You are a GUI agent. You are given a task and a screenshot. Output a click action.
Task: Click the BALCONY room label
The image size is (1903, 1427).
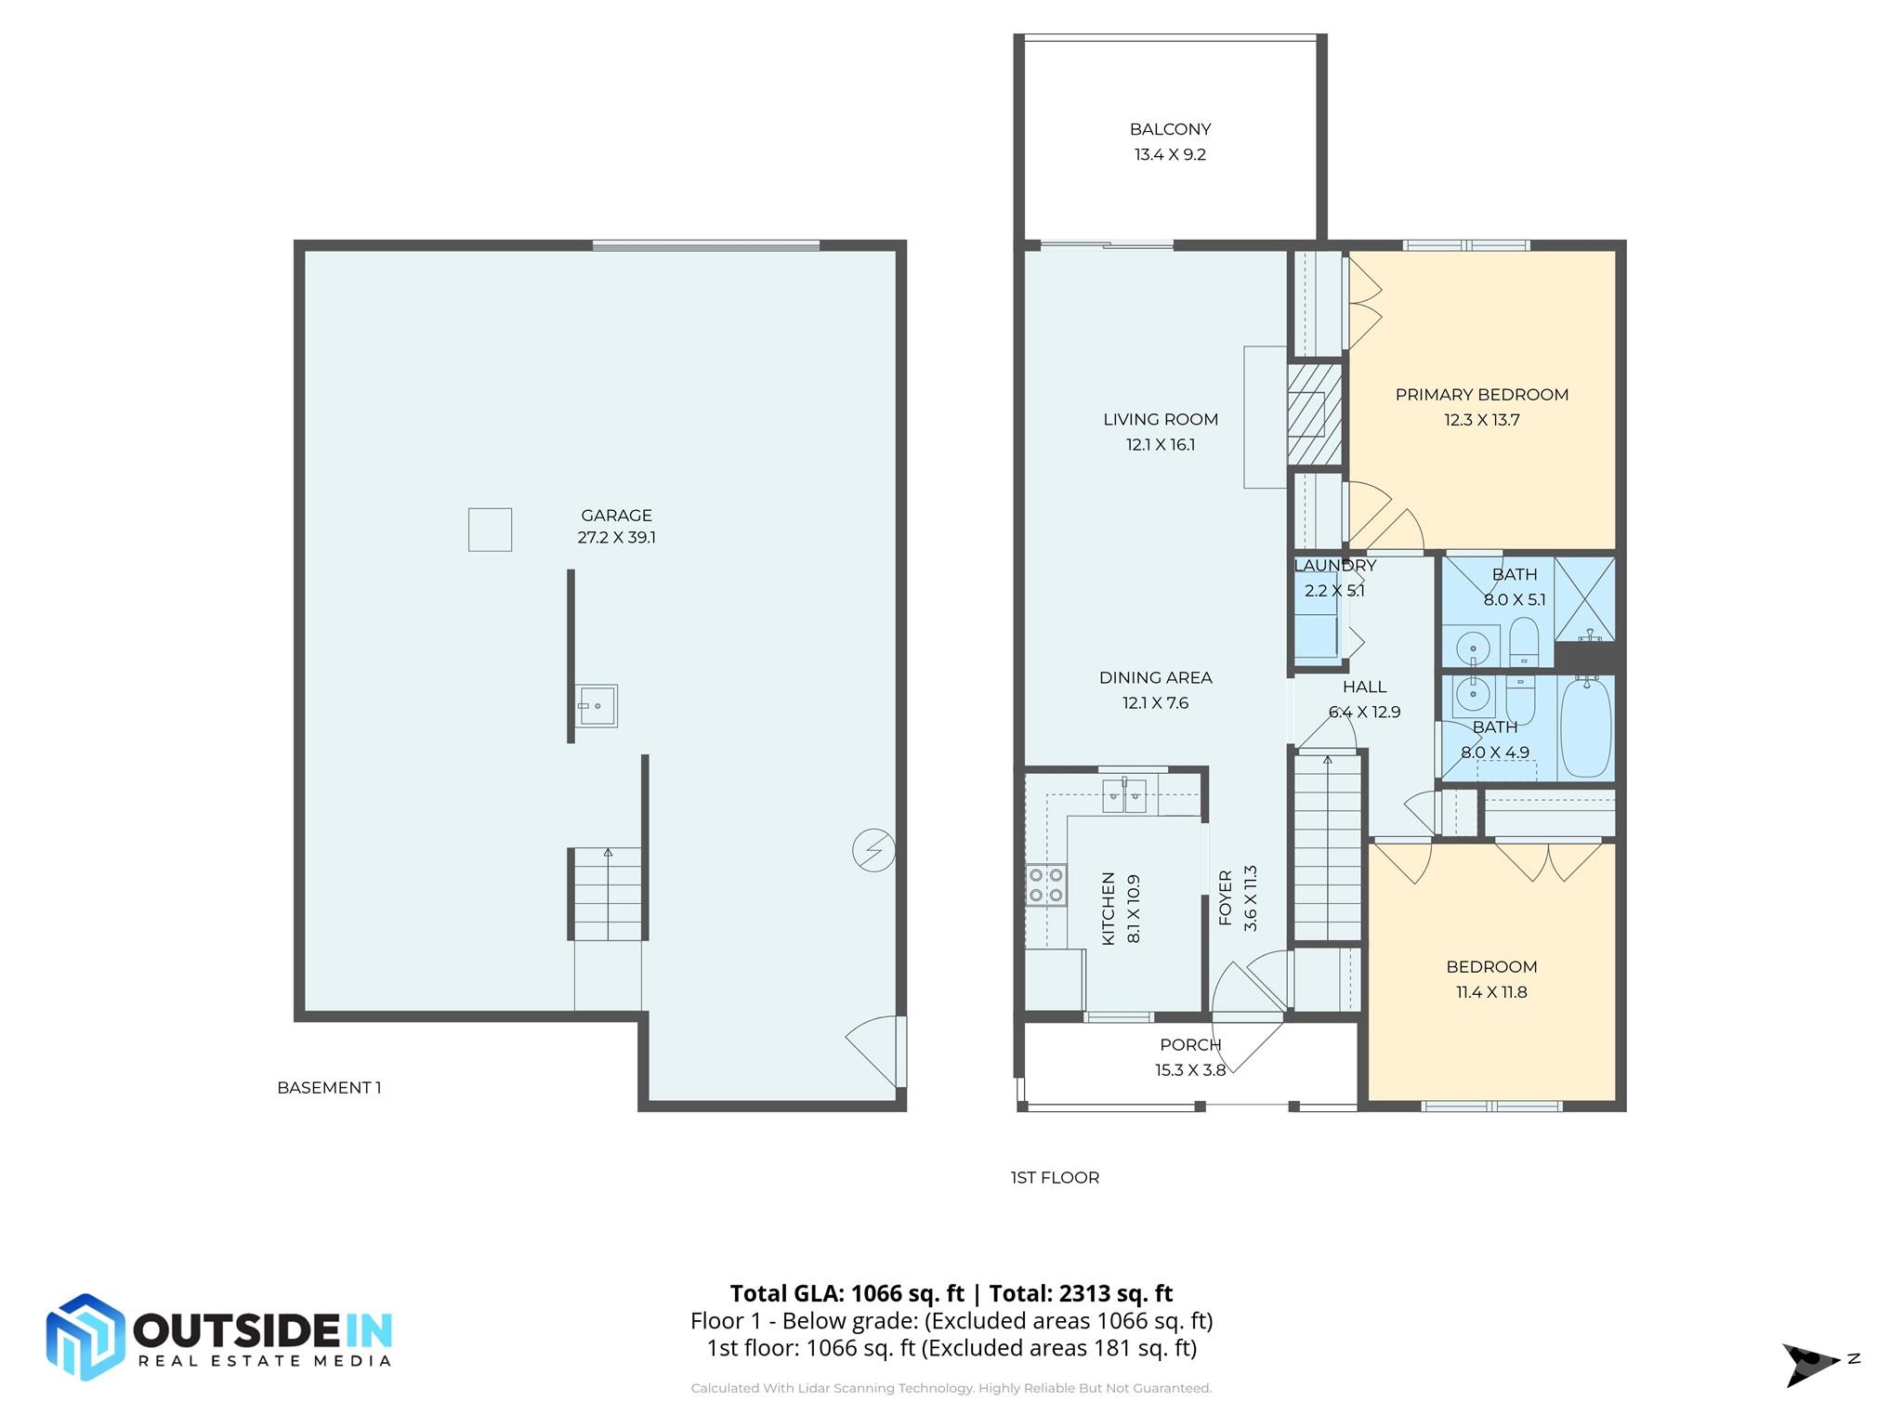coord(1170,129)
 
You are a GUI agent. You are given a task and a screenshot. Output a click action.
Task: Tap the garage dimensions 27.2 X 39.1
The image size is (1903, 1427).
coord(616,537)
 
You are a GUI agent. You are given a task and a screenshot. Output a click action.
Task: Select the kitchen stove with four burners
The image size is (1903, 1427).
coord(1045,884)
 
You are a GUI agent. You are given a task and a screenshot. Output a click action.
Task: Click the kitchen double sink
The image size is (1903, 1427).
coord(1124,796)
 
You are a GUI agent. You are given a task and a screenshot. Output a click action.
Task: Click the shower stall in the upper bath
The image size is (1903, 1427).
coord(1584,598)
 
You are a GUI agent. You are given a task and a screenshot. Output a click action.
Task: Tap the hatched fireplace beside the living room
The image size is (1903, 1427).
coord(1314,414)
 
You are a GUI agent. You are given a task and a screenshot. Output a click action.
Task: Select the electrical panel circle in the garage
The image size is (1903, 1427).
coord(873,849)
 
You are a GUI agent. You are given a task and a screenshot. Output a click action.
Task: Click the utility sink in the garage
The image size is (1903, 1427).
coord(596,705)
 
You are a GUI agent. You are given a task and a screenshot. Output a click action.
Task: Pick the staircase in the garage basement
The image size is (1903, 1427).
coord(607,894)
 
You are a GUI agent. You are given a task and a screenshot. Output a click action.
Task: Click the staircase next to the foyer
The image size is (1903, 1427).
coord(1328,847)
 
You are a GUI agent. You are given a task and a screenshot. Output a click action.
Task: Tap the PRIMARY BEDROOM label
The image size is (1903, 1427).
coord(1481,394)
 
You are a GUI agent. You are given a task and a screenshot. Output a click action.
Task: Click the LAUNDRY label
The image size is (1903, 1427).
coord(1334,565)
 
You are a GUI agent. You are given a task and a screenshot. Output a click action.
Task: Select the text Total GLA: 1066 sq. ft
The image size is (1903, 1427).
coord(847,1293)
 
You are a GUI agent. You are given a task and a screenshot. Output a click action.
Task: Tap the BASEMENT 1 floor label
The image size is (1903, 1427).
coord(329,1087)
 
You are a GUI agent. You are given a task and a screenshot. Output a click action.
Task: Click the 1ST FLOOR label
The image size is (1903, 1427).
coord(1055,1177)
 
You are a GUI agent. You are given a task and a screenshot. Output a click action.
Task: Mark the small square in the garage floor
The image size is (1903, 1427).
coord(490,530)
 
